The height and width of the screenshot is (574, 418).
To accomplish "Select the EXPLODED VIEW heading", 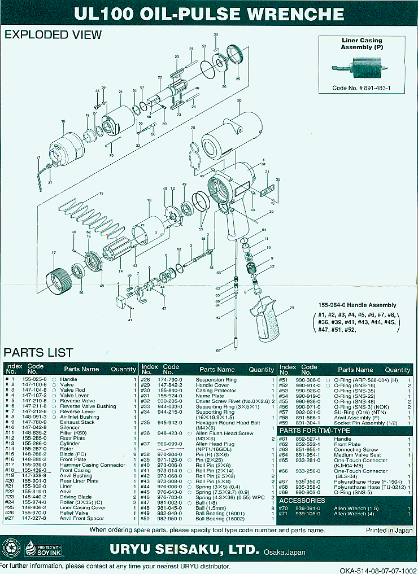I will (x=53, y=34).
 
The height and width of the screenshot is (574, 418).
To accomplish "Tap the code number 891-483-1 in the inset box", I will (x=362, y=89).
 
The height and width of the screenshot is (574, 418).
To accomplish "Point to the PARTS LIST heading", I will (x=38, y=353).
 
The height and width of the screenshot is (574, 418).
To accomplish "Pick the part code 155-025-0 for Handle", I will (x=34, y=379).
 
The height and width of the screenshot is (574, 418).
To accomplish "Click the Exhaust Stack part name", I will (x=77, y=422).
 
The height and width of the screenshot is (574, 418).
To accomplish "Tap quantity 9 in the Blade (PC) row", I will (x=133, y=454).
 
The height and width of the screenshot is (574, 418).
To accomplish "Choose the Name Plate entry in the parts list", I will (x=210, y=396).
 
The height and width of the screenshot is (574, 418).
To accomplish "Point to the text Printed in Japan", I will (x=388, y=531).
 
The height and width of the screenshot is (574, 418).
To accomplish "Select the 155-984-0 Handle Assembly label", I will (x=357, y=305).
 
